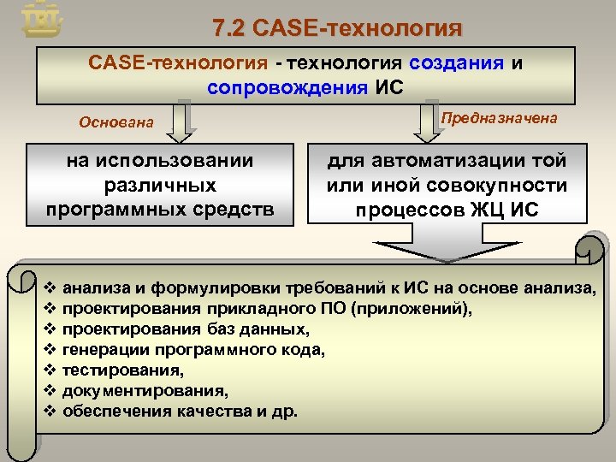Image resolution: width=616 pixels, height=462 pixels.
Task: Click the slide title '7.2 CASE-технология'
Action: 337,28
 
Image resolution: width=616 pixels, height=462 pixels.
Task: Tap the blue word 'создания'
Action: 458,64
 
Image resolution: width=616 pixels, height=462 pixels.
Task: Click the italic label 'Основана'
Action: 116,122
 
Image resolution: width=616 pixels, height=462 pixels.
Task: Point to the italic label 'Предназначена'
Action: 499,119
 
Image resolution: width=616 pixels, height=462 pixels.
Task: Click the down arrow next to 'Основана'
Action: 181,122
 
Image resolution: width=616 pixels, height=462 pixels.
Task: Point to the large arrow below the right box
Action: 447,240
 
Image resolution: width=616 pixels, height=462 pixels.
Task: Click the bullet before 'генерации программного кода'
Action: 49,349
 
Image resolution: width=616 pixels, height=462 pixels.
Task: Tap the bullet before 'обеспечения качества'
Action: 49,412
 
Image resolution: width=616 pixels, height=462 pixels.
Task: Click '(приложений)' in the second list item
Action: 418,308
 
